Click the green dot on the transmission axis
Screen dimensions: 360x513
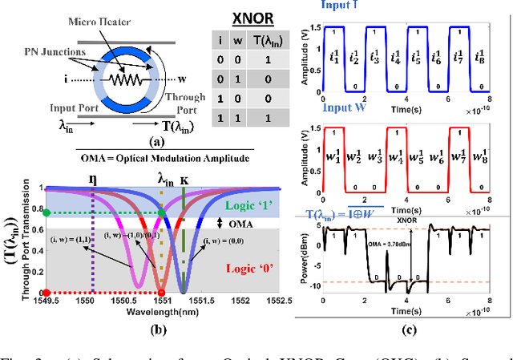(x=48, y=212)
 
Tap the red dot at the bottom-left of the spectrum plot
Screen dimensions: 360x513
(x=48, y=292)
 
